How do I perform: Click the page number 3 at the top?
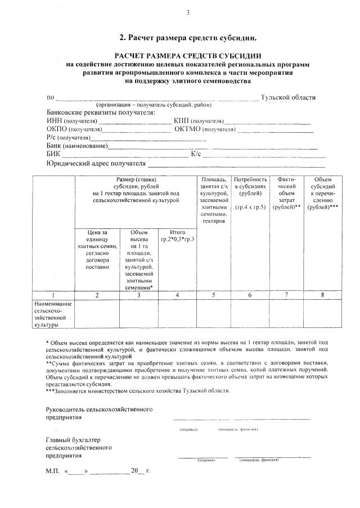click(x=188, y=13)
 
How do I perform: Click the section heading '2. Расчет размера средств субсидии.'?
click(x=188, y=38)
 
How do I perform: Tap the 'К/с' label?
click(x=196, y=154)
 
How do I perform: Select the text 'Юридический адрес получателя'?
click(x=96, y=164)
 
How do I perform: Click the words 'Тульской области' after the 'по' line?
click(x=288, y=97)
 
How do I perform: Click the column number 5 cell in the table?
click(x=214, y=295)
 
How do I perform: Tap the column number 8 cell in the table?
click(x=322, y=295)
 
